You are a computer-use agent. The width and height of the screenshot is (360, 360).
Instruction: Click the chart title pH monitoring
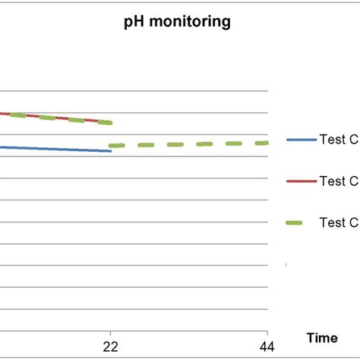(177, 23)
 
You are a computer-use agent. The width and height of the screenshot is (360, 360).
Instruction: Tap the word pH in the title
(135, 23)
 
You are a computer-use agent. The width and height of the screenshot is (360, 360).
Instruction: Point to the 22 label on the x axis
(111, 346)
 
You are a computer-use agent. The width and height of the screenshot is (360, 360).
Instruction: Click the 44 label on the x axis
(267, 346)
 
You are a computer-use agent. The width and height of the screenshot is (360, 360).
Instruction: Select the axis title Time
(322, 337)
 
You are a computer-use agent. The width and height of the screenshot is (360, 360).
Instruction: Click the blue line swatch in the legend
(300, 140)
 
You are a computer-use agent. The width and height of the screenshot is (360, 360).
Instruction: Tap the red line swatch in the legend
(300, 182)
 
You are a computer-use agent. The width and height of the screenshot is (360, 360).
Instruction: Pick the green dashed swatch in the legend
(300, 223)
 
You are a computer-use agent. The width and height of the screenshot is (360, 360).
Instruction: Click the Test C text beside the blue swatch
(339, 140)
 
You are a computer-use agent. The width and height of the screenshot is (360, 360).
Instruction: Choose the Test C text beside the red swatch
(339, 182)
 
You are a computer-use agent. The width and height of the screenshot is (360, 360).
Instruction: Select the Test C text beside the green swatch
(339, 223)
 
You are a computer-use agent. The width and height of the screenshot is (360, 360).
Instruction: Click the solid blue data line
(53, 149)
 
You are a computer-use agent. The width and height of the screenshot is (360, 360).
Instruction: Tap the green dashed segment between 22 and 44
(190, 144)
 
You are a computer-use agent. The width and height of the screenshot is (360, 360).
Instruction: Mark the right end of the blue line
(111, 151)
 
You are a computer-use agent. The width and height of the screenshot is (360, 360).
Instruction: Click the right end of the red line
(111, 122)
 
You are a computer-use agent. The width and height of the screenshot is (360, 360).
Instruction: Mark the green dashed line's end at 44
(267, 143)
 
